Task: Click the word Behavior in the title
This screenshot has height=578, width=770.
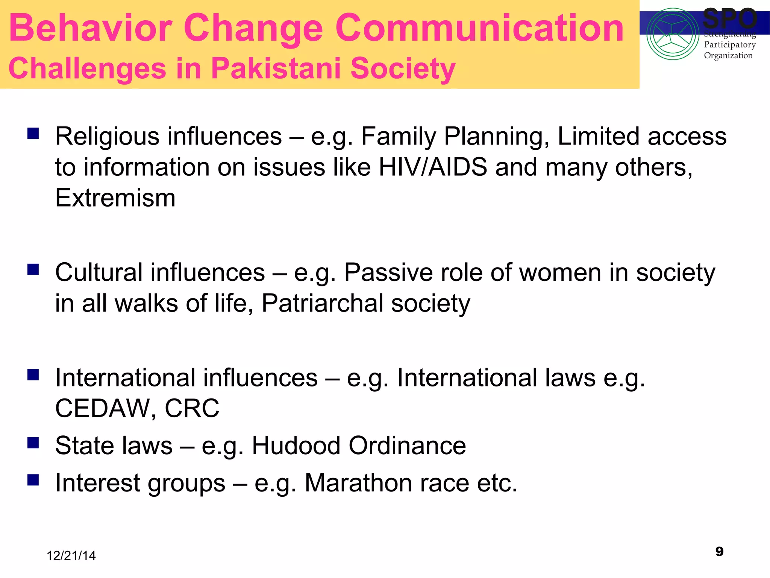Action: coord(90,28)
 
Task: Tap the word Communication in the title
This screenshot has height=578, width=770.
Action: coord(480,28)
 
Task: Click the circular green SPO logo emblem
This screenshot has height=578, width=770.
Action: coord(672,34)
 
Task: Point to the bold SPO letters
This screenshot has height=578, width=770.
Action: coord(729,19)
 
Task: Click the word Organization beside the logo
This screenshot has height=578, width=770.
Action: coord(728,56)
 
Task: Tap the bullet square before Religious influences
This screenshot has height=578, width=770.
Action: coord(33,133)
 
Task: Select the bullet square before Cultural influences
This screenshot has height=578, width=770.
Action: coord(33,269)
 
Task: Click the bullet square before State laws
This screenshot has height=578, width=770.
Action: coord(33,443)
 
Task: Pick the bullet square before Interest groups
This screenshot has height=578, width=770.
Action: coord(33,480)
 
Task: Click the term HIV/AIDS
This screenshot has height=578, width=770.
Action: coord(433,167)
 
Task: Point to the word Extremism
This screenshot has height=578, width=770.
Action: coord(115,198)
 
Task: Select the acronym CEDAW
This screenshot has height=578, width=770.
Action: coord(102,409)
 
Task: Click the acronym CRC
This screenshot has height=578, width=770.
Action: coord(192,409)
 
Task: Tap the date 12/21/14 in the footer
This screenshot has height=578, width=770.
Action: coord(71,556)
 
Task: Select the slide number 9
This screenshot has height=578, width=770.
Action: coord(719,552)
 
